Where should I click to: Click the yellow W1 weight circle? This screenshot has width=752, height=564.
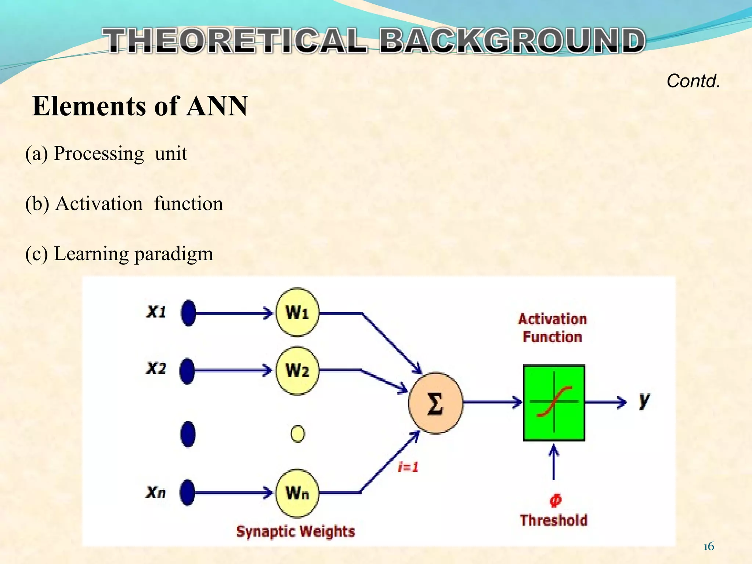click(x=297, y=312)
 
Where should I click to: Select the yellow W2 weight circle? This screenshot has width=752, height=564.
click(x=297, y=370)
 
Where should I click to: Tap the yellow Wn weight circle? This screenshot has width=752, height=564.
click(x=297, y=493)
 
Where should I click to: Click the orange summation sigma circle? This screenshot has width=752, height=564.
click(x=435, y=403)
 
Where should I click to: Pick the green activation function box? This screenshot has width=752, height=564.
click(x=554, y=403)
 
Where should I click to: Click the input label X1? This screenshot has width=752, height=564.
click(x=156, y=312)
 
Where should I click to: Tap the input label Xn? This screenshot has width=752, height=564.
click(x=156, y=492)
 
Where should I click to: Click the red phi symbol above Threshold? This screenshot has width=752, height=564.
click(x=555, y=500)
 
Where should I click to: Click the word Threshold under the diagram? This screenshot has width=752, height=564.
click(x=553, y=520)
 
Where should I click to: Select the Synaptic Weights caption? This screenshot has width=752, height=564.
click(x=296, y=531)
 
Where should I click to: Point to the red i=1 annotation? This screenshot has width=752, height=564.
click(x=408, y=467)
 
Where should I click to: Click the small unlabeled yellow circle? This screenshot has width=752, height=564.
click(x=297, y=434)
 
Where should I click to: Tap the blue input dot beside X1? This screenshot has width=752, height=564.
click(x=188, y=313)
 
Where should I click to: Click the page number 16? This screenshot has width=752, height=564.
click(x=709, y=547)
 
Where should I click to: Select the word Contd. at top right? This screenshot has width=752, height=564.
click(x=693, y=81)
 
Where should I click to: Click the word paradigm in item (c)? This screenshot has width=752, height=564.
click(x=173, y=254)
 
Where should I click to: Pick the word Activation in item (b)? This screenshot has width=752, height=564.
click(x=99, y=203)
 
